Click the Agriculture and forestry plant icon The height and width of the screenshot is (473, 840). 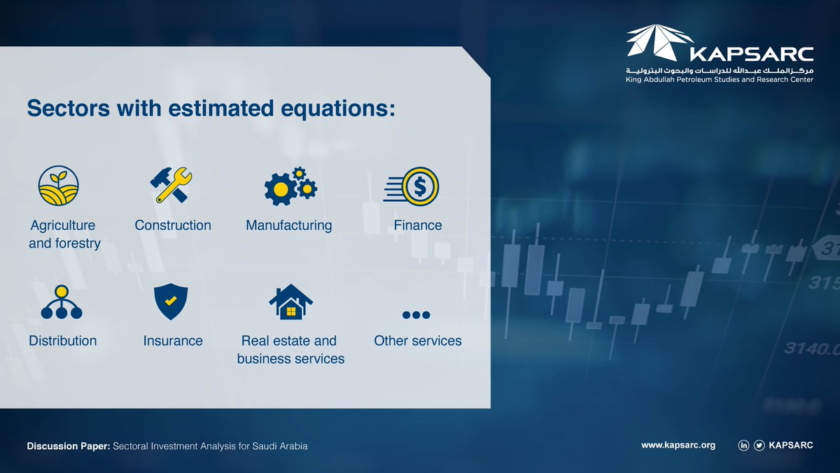point(59,186)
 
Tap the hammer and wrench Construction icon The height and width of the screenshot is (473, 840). point(171,185)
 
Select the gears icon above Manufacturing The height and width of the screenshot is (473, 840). point(290,186)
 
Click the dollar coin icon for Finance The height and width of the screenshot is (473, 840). point(412,186)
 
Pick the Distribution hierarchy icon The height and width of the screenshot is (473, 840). point(62,302)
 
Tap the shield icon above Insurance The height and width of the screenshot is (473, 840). point(171,301)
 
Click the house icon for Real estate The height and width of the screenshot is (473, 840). point(290,302)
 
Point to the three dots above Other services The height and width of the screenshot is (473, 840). point(416,315)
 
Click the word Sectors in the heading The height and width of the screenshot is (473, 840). point(69,108)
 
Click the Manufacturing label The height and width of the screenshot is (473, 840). point(288,225)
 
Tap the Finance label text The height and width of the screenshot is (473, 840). point(418,225)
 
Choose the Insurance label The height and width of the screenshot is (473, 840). point(173,341)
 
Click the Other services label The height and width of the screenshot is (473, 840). point(418,341)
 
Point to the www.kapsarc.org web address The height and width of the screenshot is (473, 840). point(678,446)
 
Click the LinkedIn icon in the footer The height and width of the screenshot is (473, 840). point(743,445)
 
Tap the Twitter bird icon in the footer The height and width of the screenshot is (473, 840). point(759,445)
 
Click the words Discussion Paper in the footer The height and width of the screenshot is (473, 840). point(69,446)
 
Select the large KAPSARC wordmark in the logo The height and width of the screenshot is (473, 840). point(752,55)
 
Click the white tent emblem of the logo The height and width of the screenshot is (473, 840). point(659,43)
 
